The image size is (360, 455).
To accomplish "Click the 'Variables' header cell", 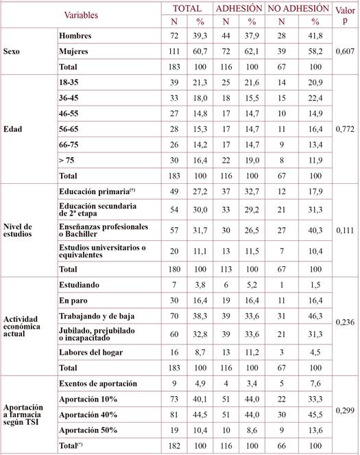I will tap(81, 14).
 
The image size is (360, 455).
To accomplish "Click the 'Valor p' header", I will tap(343, 15).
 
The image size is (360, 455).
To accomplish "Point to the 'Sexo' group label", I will tap(13, 51).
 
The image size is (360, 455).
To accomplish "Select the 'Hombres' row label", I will tap(75, 35).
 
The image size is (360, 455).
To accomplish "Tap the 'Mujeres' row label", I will tap(75, 51).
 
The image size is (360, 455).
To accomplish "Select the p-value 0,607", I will tap(344, 51).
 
